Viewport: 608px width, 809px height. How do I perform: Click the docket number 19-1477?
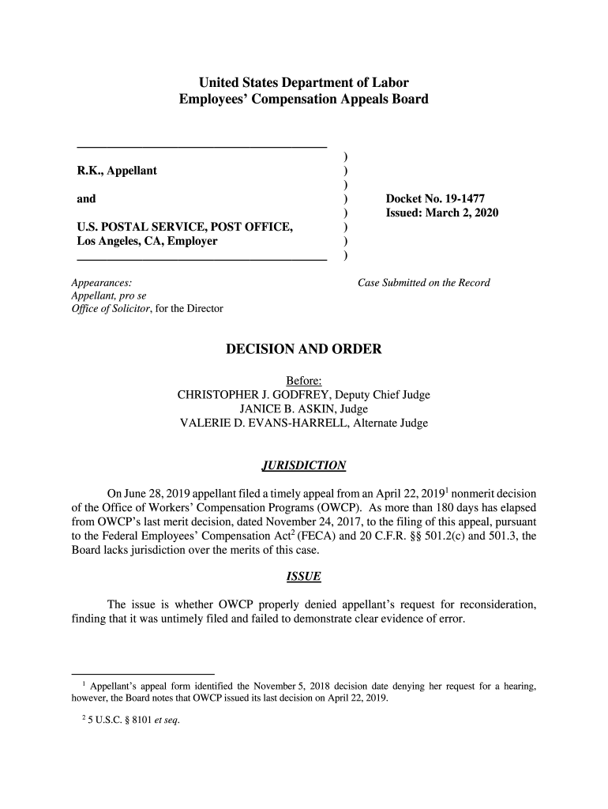(x=457, y=200)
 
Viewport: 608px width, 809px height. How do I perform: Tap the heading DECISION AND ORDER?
(x=304, y=349)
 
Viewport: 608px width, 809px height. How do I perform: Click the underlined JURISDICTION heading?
(x=304, y=465)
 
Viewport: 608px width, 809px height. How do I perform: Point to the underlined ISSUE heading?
(x=304, y=577)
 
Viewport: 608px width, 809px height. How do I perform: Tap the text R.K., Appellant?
(x=116, y=171)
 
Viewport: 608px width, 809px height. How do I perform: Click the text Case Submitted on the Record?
(x=424, y=283)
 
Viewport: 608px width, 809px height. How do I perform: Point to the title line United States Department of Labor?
(x=304, y=82)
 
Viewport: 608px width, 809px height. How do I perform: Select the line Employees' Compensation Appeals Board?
(x=304, y=100)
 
